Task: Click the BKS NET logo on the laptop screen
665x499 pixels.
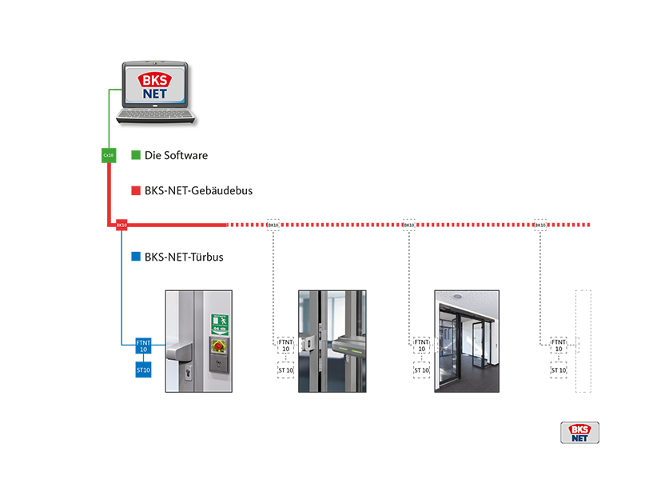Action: pyautogui.click(x=155, y=86)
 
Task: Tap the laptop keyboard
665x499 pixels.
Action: pyautogui.click(x=155, y=115)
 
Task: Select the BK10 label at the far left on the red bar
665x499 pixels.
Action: pyautogui.click(x=121, y=226)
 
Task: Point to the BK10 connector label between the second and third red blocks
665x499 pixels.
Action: pyautogui.click(x=408, y=226)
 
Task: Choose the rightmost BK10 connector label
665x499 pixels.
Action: pyautogui.click(x=540, y=226)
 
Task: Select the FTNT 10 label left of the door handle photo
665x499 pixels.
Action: pyautogui.click(x=285, y=345)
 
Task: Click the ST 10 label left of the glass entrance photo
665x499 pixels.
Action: pyautogui.click(x=422, y=370)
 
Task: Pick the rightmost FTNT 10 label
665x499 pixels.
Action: pyautogui.click(x=559, y=345)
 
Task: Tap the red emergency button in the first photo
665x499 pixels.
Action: pyautogui.click(x=218, y=346)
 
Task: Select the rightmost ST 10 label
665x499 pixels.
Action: pyautogui.click(x=559, y=370)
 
